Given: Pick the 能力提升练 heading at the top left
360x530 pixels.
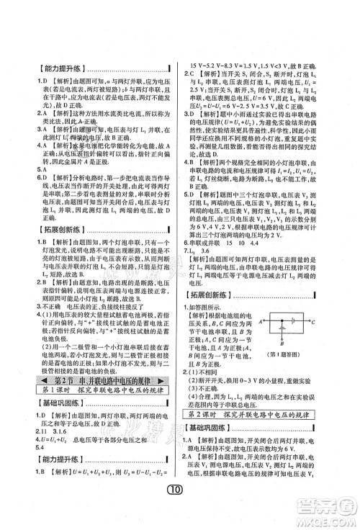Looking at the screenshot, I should coord(50,70).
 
